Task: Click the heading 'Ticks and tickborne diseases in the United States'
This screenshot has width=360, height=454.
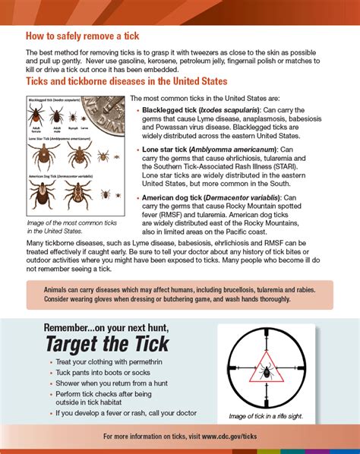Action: point(125,80)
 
